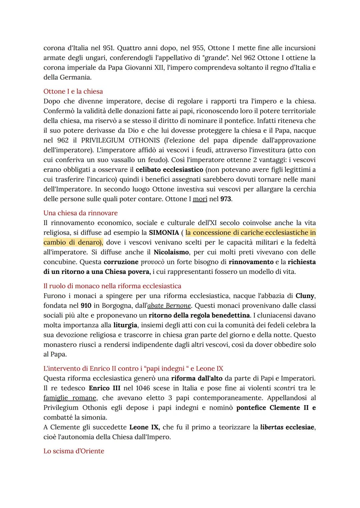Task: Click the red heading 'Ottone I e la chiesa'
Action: coord(73,91)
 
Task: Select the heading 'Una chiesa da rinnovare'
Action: coord(80,213)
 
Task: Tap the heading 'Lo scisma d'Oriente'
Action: coord(74,451)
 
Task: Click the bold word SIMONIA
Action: coord(164,233)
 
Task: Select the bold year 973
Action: coord(226,199)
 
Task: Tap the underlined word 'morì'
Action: coord(200,199)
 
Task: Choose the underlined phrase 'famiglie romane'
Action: coord(70,398)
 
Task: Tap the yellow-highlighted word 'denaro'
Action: coord(90,242)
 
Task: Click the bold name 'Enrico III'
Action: coord(105,388)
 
